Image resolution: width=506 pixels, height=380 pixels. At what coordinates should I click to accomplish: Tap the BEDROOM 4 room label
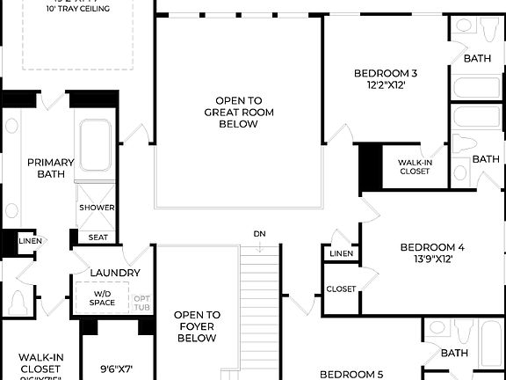(x=432, y=247)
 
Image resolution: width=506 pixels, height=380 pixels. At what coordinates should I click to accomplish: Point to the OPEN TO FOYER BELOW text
(x=196, y=326)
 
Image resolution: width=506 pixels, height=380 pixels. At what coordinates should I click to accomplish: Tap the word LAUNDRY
(x=113, y=274)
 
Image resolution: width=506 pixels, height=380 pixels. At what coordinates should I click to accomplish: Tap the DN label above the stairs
(x=259, y=234)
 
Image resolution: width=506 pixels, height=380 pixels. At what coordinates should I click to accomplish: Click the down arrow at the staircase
(x=259, y=247)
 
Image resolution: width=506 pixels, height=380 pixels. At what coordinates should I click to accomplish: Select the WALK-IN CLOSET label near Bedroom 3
(x=414, y=167)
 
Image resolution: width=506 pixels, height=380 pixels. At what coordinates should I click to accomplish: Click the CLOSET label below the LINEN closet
(x=342, y=289)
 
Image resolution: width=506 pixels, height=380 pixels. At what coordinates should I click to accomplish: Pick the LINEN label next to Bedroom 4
(x=342, y=254)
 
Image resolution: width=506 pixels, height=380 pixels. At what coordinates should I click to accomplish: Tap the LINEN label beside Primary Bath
(x=30, y=240)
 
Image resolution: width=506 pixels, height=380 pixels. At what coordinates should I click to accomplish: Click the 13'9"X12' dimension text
(x=431, y=260)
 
